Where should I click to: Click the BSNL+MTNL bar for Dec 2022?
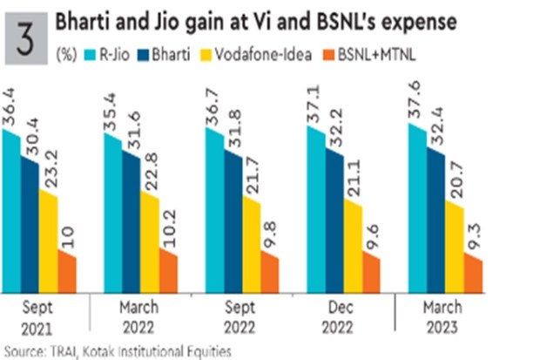point(372,270)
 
